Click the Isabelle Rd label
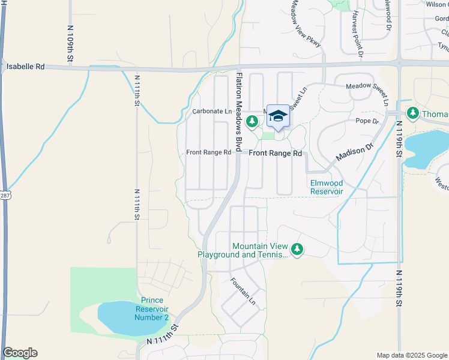(26, 67)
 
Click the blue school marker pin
(278, 116)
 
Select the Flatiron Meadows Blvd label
(238, 112)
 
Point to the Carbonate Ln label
(211, 112)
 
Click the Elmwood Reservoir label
(326, 187)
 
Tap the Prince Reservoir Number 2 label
(152, 308)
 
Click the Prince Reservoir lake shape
(126, 319)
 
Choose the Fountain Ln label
(243, 290)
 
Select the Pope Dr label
(368, 121)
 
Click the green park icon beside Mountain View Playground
(297, 248)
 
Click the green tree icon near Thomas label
(412, 113)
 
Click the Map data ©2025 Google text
(411, 355)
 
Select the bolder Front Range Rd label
(276, 154)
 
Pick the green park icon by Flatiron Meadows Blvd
(253, 122)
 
